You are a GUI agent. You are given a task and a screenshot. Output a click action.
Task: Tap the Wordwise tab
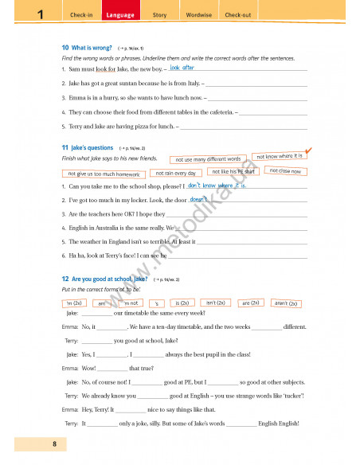click(198, 15)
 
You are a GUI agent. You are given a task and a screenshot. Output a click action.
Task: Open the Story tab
click(159, 15)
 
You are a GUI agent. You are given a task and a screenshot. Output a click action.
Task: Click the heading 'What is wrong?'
click(91, 48)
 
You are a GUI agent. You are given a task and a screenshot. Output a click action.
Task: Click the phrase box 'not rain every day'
click(176, 173)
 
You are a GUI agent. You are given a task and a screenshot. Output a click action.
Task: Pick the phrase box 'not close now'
click(284, 171)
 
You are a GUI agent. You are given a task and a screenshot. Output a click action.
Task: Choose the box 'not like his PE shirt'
click(233, 171)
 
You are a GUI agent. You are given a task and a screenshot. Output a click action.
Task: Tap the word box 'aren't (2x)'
click(285, 303)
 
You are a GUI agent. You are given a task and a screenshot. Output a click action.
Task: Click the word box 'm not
click(130, 303)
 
